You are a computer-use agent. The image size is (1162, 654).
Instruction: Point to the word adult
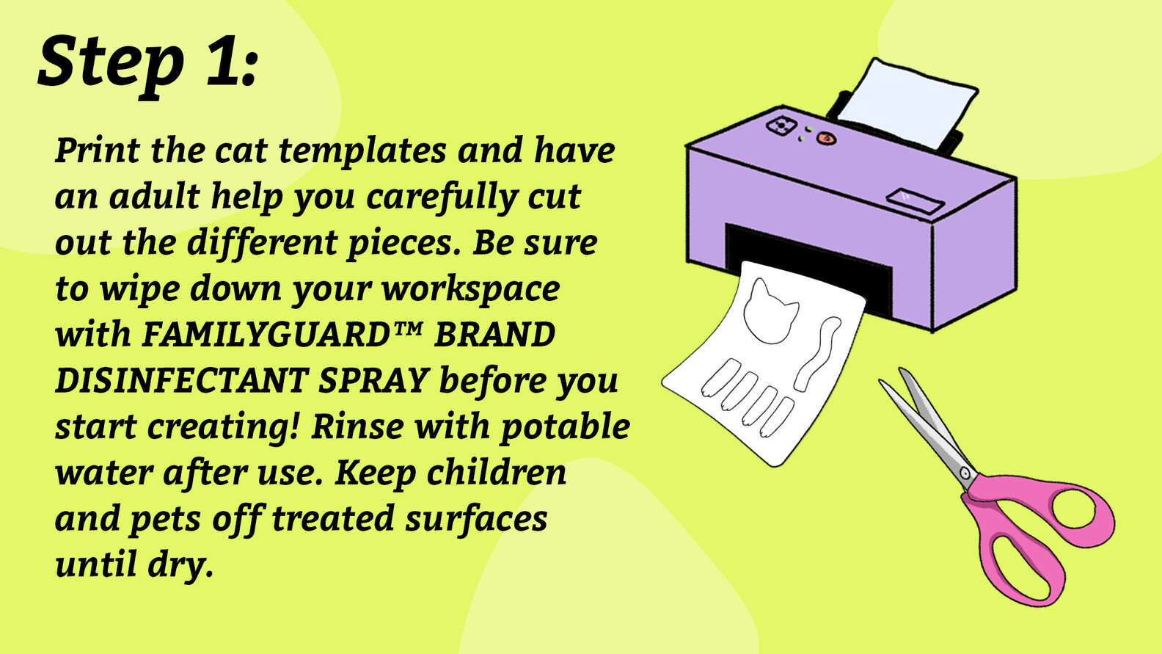(x=155, y=196)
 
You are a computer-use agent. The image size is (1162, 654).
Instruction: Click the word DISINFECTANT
(x=182, y=380)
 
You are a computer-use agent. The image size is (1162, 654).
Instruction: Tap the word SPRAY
(x=373, y=381)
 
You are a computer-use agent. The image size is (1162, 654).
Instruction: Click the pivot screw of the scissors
(x=965, y=473)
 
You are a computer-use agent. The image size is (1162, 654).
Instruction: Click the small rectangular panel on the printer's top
(x=914, y=200)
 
